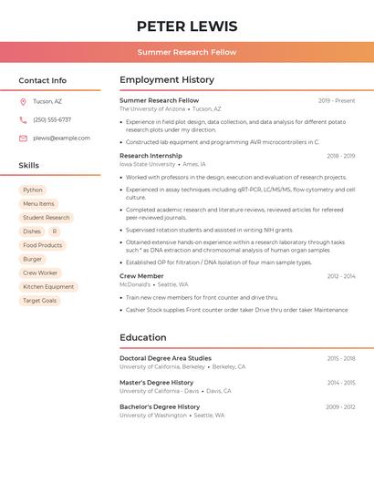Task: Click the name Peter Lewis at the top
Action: (x=187, y=26)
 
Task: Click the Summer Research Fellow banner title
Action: (x=187, y=52)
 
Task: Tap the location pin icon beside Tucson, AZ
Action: (x=23, y=102)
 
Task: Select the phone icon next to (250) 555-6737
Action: (x=23, y=120)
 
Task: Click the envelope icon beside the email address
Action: (x=23, y=139)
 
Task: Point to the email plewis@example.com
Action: (x=61, y=139)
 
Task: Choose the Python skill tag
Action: (x=33, y=190)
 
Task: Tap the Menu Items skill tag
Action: (x=38, y=204)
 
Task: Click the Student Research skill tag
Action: (x=46, y=218)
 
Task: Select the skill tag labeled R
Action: (x=55, y=231)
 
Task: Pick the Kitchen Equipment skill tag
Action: (x=48, y=287)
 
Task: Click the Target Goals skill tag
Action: (x=39, y=301)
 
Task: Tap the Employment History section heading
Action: (x=167, y=80)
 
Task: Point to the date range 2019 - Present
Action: (x=337, y=100)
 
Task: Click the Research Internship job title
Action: (x=151, y=156)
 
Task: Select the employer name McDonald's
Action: (x=135, y=284)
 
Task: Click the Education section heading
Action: (x=143, y=338)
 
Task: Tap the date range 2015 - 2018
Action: (x=341, y=358)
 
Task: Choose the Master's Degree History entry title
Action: (x=156, y=383)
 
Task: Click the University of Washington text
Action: (x=153, y=415)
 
